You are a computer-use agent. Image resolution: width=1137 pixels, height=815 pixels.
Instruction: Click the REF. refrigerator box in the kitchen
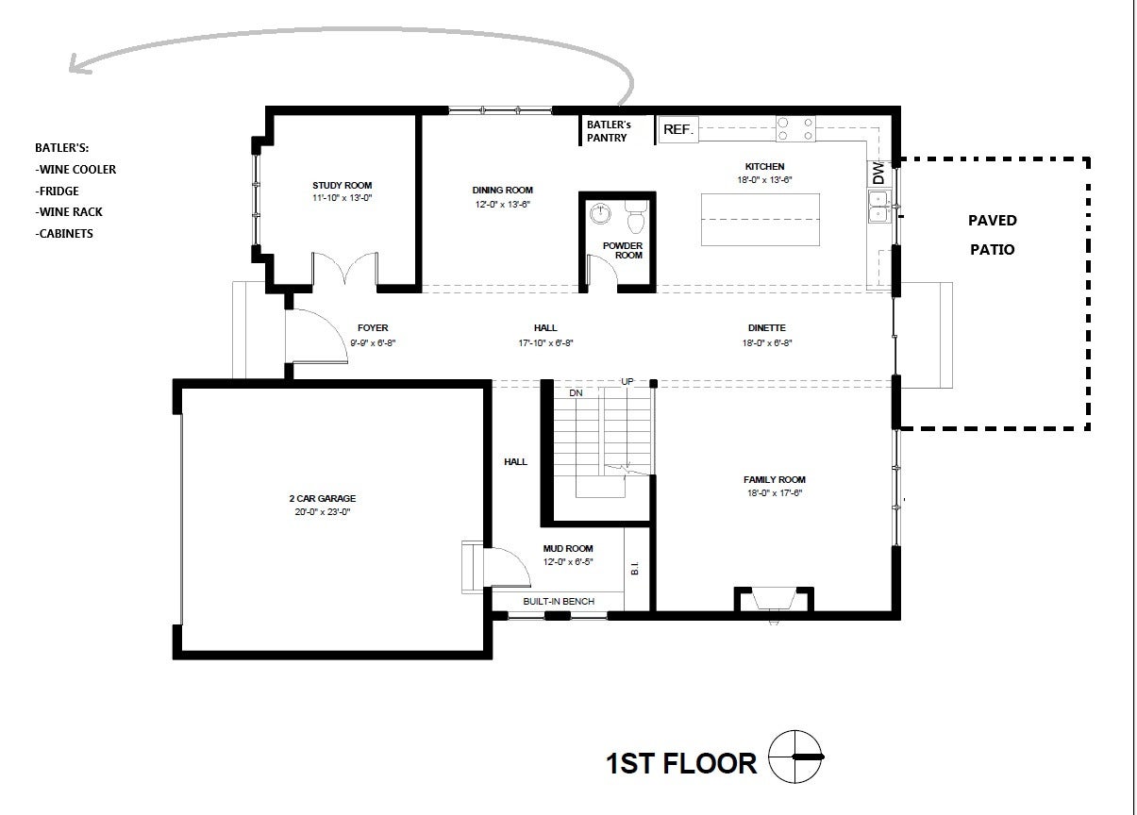pyautogui.click(x=677, y=130)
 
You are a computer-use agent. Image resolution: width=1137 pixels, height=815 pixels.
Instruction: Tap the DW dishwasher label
pyautogui.click(x=878, y=175)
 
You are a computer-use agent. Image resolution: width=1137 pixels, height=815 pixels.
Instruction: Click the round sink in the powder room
pyautogui.click(x=599, y=215)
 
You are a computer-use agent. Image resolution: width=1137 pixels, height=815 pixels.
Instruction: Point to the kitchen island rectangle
pyautogui.click(x=760, y=220)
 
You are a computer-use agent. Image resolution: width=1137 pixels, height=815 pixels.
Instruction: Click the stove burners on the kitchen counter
pyautogui.click(x=795, y=129)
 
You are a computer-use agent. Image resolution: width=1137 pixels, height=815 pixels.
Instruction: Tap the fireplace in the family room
pyautogui.click(x=774, y=600)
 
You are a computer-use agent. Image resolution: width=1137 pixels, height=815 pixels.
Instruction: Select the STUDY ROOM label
pyautogui.click(x=342, y=185)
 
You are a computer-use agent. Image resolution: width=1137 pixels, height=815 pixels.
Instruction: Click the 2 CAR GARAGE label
pyautogui.click(x=322, y=498)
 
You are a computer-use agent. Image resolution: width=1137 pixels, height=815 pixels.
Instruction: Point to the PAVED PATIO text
pyautogui.click(x=993, y=235)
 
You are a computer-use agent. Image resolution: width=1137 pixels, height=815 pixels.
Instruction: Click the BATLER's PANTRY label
pyautogui.click(x=608, y=131)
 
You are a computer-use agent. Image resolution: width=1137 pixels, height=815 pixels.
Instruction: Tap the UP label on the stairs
pyautogui.click(x=627, y=381)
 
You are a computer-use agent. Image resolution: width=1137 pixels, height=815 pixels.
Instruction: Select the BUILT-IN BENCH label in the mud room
pyautogui.click(x=557, y=601)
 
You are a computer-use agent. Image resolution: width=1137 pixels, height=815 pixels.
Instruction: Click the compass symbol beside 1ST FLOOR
pyautogui.click(x=794, y=757)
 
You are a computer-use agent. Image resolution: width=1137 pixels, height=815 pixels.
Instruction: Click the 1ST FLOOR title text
pyautogui.click(x=680, y=762)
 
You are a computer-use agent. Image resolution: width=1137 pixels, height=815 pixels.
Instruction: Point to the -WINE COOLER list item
pyautogui.click(x=75, y=170)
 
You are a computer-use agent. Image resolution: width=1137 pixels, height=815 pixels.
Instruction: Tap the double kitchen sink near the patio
pyautogui.click(x=878, y=207)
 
